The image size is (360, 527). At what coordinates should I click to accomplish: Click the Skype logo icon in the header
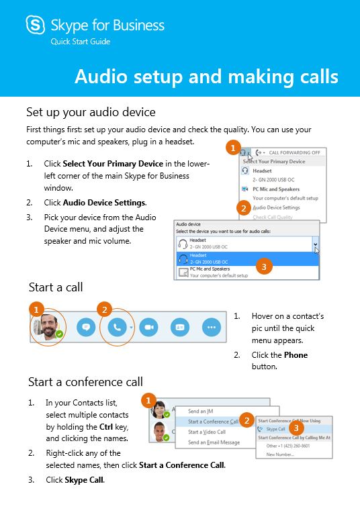(36, 26)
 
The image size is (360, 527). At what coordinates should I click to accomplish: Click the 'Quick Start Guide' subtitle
(81, 42)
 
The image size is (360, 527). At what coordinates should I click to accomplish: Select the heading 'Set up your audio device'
(91, 111)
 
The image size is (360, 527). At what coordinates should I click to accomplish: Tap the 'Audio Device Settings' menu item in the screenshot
(276, 207)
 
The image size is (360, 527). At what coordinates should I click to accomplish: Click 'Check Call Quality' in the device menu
(273, 217)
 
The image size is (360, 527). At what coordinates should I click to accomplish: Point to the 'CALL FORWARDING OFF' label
(296, 153)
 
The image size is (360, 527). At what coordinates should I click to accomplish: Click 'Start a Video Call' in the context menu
(206, 432)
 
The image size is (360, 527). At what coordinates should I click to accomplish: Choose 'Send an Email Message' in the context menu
(214, 442)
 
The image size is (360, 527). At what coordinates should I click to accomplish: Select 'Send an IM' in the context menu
(201, 411)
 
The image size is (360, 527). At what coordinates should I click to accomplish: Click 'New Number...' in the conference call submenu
(280, 454)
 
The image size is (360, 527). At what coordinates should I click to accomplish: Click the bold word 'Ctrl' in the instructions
(105, 427)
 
